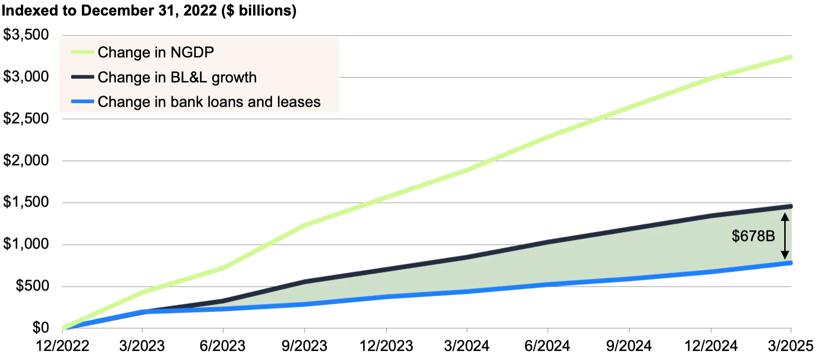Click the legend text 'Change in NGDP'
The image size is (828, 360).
pos(156,52)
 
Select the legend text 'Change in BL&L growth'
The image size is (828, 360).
pos(177,77)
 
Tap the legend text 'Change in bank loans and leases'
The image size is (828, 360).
pos(209,102)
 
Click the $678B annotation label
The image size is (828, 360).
pos(753,236)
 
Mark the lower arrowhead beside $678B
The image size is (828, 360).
pos(784,256)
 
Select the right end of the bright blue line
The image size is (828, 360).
pos(793,263)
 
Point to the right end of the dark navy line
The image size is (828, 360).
pos(793,208)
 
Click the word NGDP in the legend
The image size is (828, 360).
pos(192,52)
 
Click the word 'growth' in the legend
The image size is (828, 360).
pos(234,78)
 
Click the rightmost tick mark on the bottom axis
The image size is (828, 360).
pos(793,332)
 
